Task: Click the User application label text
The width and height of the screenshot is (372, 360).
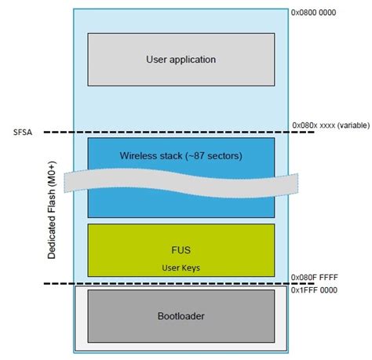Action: pos(181,59)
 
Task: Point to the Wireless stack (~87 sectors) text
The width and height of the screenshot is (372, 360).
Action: pos(181,155)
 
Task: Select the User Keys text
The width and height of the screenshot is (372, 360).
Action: pos(181,267)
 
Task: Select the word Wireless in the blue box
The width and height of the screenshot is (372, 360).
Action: pos(139,155)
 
